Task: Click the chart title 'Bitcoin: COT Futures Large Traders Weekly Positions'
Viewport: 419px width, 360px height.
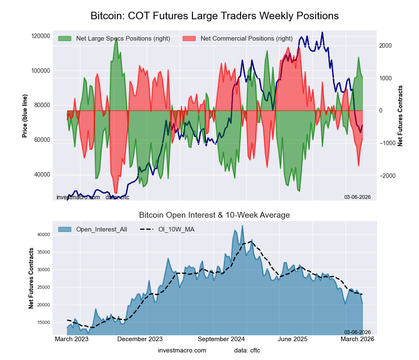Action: [x=215, y=16]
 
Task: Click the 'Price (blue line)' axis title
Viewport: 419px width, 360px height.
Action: [x=25, y=116]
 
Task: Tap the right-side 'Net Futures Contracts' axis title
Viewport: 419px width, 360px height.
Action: [x=401, y=116]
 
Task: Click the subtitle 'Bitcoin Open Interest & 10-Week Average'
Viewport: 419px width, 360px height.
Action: [x=215, y=215]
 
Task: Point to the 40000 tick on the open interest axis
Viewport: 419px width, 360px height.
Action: [x=43, y=235]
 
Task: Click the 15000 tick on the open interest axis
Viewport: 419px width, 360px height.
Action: [x=43, y=323]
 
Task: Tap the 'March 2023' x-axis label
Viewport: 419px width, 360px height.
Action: [x=72, y=339]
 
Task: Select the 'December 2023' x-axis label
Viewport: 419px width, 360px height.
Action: [x=140, y=339]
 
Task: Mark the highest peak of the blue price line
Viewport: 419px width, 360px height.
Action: [x=322, y=32]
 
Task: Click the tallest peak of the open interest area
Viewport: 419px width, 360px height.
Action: [x=242, y=226]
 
